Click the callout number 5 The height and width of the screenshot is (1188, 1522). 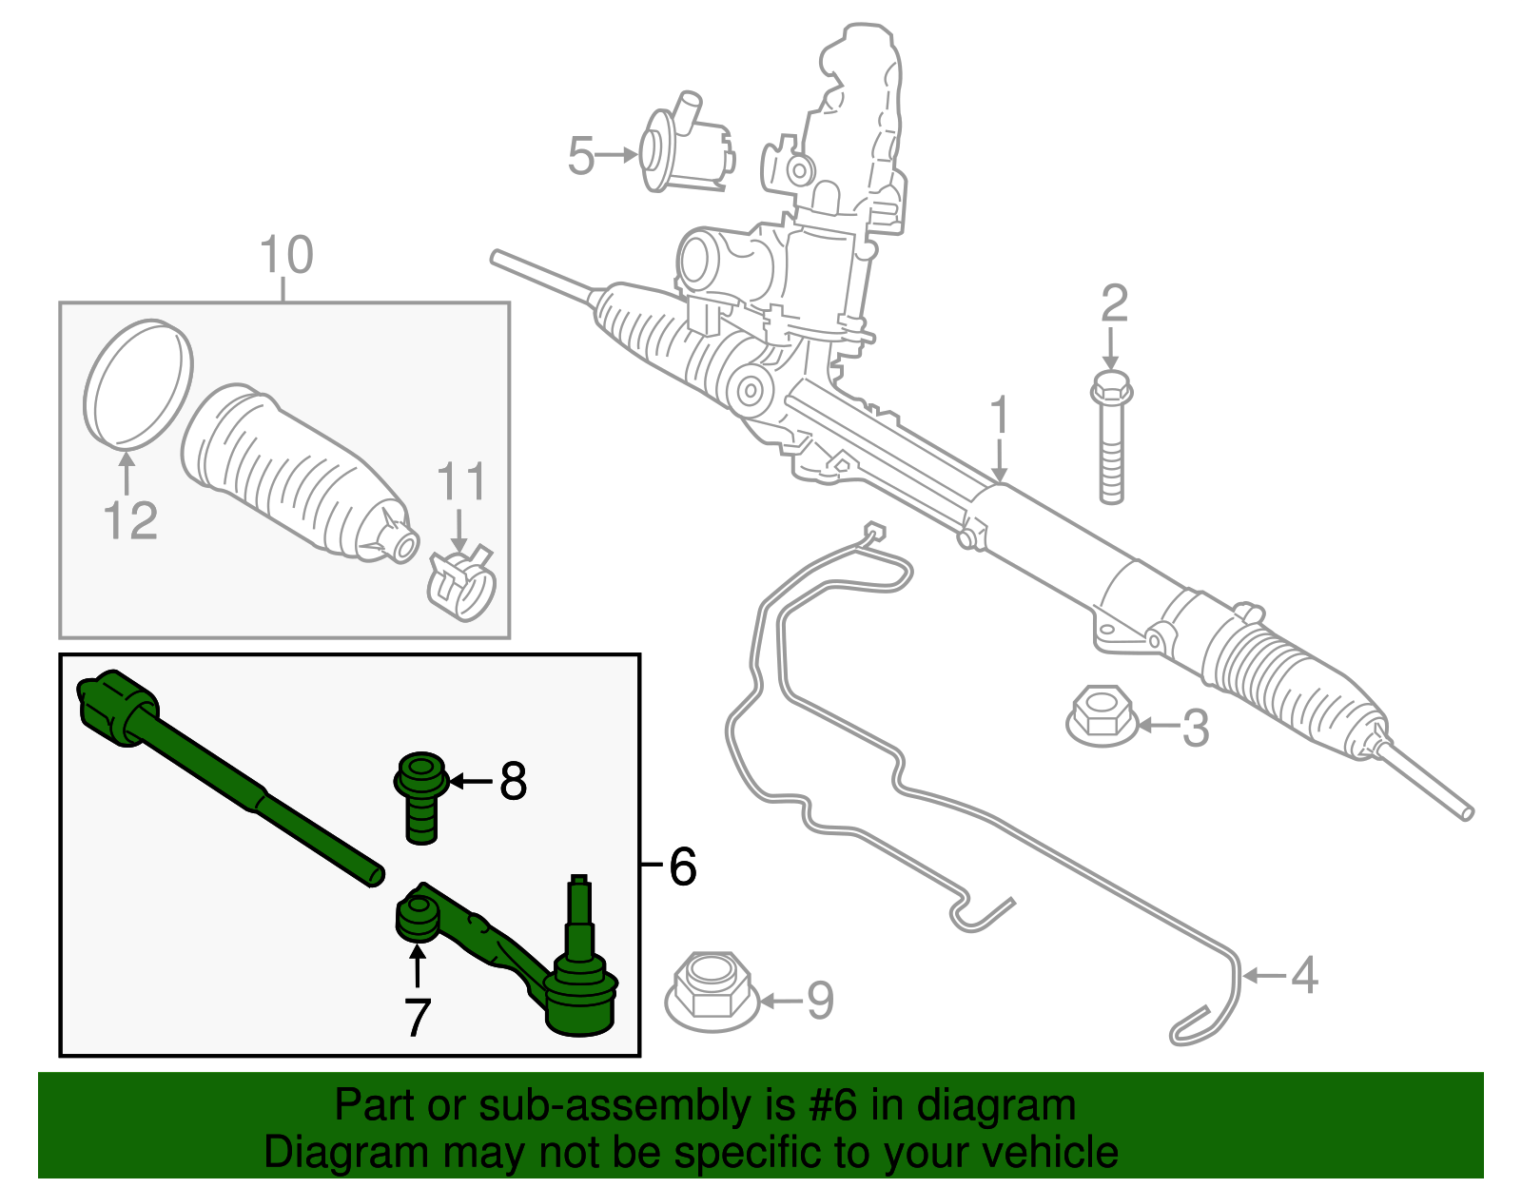tap(580, 156)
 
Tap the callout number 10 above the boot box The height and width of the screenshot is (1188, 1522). tap(285, 255)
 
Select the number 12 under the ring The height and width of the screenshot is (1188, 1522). tap(130, 521)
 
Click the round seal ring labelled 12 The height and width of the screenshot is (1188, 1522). tap(139, 383)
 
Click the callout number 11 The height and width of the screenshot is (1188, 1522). tap(461, 483)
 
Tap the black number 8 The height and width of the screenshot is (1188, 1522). tap(513, 782)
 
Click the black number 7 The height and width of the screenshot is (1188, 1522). tap(418, 1018)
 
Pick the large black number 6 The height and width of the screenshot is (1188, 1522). tap(682, 867)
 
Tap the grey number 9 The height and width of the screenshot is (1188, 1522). tap(820, 1001)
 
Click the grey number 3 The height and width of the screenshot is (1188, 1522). tap(1195, 728)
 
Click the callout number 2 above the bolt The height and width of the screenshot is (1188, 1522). tap(1114, 304)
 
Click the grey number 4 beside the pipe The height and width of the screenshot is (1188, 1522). tap(1304, 976)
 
